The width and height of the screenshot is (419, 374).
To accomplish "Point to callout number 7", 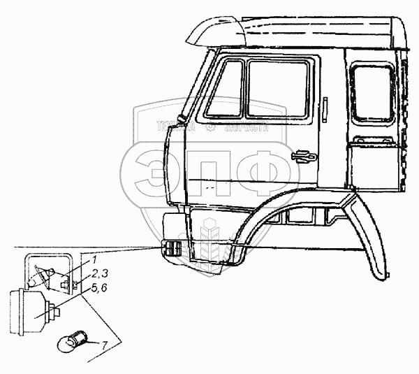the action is pos(104,344).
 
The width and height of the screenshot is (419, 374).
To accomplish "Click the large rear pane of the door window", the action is pos(278,89).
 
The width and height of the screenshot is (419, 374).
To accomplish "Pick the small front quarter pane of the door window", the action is pos(225,87).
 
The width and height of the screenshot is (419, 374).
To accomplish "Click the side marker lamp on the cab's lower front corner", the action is pos(173,249).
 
